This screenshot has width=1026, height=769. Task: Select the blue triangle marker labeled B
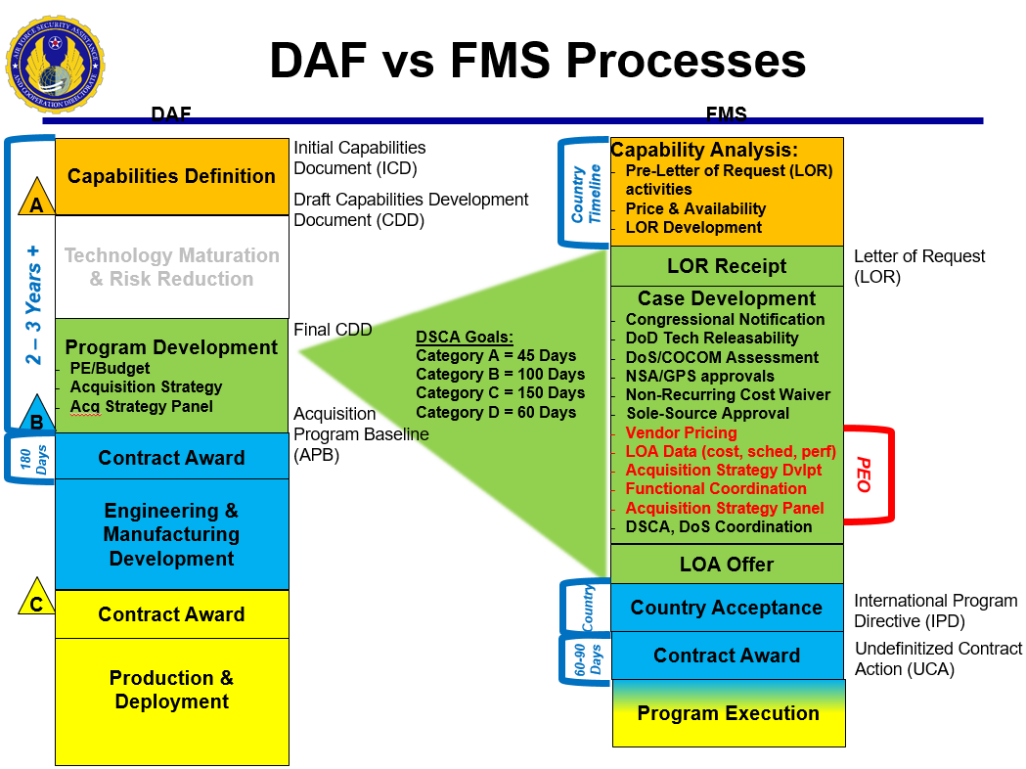click(x=36, y=416)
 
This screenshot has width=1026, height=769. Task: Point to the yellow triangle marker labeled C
click(x=36, y=600)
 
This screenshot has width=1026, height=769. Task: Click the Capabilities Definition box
click(x=171, y=176)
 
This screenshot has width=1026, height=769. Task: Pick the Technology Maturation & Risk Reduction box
click(x=171, y=267)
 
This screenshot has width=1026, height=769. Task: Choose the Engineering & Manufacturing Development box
click(x=171, y=534)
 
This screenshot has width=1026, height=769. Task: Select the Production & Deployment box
click(x=171, y=690)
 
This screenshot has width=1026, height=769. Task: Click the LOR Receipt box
click(x=727, y=266)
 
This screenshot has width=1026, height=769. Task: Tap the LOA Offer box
click(x=727, y=565)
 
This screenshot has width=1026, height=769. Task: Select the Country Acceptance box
click(x=727, y=608)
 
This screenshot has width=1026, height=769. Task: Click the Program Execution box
click(x=729, y=713)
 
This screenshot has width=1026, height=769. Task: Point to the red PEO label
click(x=863, y=475)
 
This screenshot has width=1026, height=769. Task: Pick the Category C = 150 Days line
click(x=500, y=393)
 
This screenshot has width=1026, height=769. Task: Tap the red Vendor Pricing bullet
click(x=681, y=432)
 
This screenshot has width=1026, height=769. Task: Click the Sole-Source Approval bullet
click(x=707, y=414)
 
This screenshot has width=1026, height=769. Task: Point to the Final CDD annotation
click(x=333, y=330)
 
